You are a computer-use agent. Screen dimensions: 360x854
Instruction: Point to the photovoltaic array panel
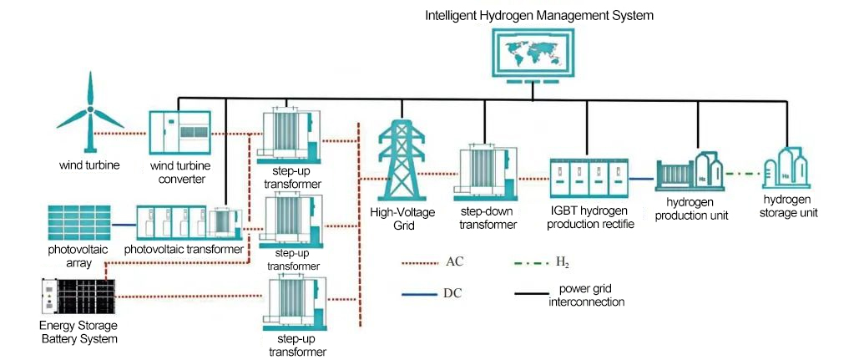click(78, 221)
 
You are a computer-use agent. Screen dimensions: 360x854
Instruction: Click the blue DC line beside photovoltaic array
click(123, 225)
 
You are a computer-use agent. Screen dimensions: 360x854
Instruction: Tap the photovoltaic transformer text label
click(183, 249)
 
